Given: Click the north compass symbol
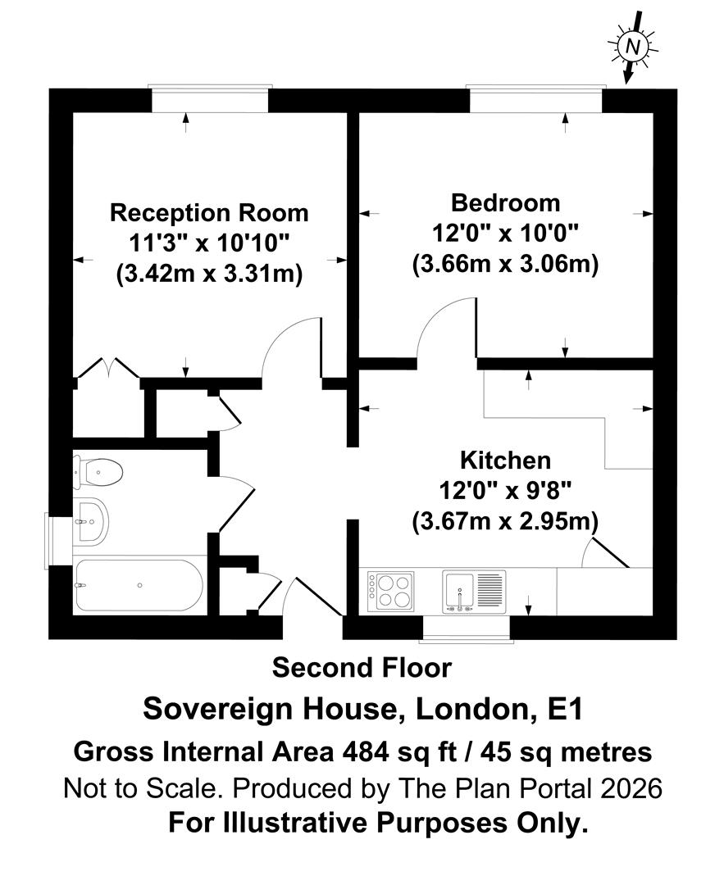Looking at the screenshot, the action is (x=632, y=46).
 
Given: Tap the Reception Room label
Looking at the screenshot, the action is (x=210, y=213).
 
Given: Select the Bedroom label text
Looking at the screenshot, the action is (x=505, y=202).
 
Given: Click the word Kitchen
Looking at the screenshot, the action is (x=505, y=460).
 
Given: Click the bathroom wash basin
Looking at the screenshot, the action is (x=90, y=521).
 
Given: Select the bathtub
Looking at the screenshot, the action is (x=138, y=585).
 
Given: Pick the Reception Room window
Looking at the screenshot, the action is (x=210, y=99).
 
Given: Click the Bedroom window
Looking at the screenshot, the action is (x=535, y=99).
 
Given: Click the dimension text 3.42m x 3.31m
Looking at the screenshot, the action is (x=210, y=274).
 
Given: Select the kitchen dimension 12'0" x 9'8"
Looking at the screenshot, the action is (x=505, y=491).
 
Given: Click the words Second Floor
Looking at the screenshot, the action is (x=362, y=668).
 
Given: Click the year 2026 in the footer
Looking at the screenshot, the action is (x=631, y=788).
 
